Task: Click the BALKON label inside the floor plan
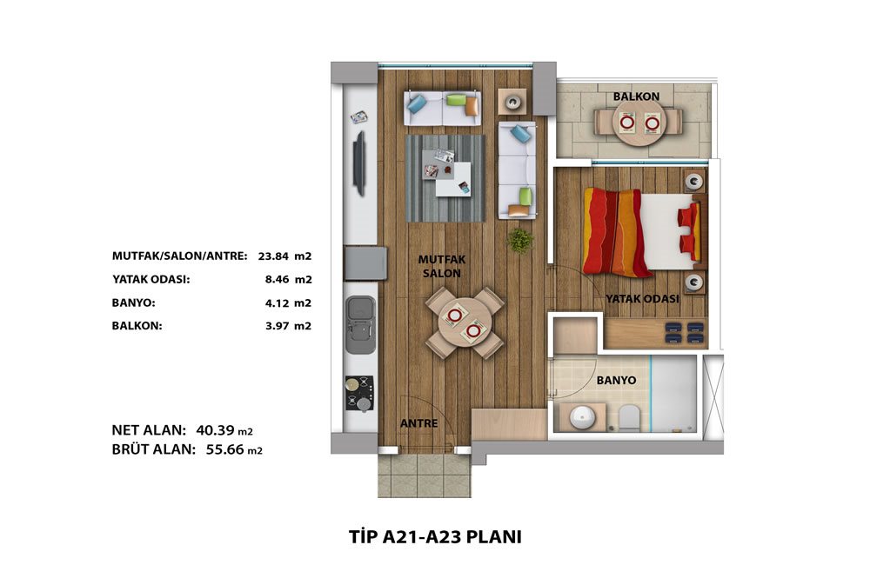(x=636, y=96)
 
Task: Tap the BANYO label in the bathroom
(x=616, y=381)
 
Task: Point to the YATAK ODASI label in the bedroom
(x=642, y=299)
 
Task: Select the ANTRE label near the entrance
(x=419, y=423)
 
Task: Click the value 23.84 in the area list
(x=273, y=256)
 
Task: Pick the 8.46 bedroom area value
(x=277, y=279)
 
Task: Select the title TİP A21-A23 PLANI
(x=435, y=536)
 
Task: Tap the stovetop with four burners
(x=359, y=393)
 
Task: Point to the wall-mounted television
(x=360, y=163)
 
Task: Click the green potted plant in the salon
(x=520, y=240)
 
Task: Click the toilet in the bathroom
(x=629, y=418)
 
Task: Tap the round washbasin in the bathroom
(x=582, y=417)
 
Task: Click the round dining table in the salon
(x=464, y=322)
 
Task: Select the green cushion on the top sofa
(x=455, y=100)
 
